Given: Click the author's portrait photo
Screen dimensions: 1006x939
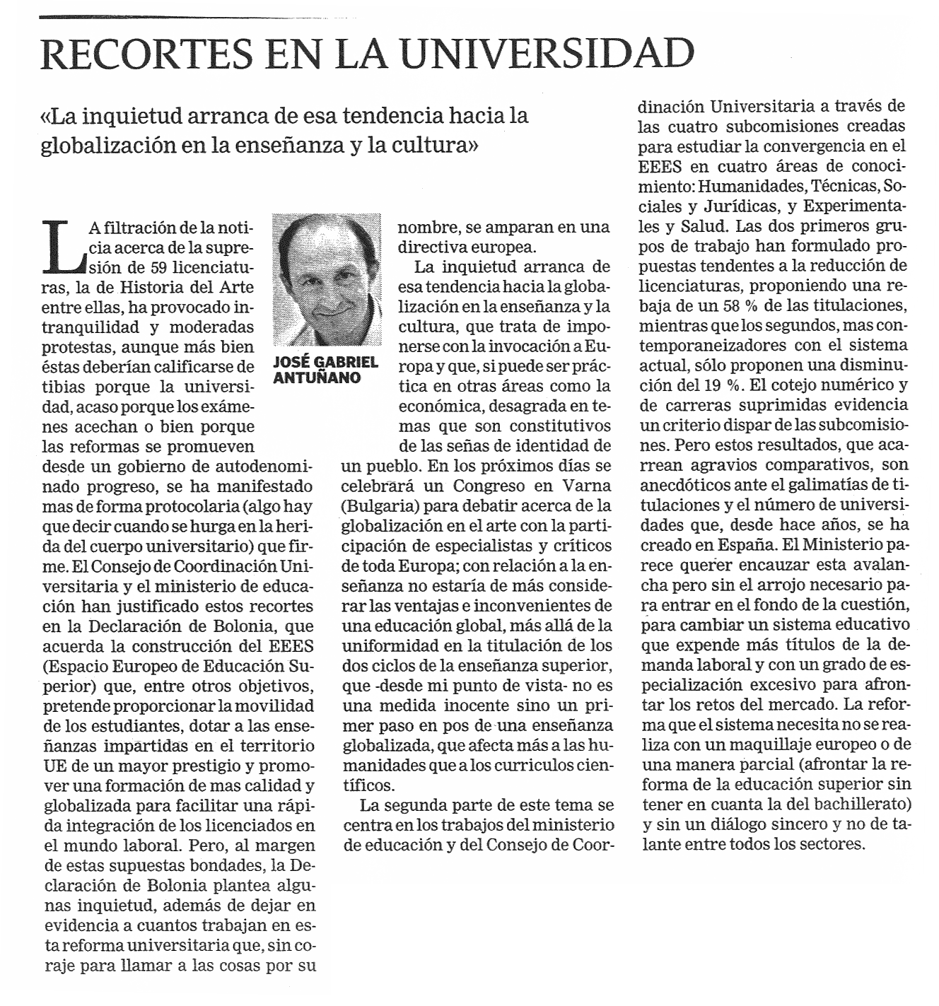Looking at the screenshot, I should tap(327, 279).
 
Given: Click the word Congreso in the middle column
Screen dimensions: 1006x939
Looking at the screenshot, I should tap(487, 486).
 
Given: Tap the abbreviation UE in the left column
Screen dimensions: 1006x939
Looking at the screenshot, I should tap(56, 766).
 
